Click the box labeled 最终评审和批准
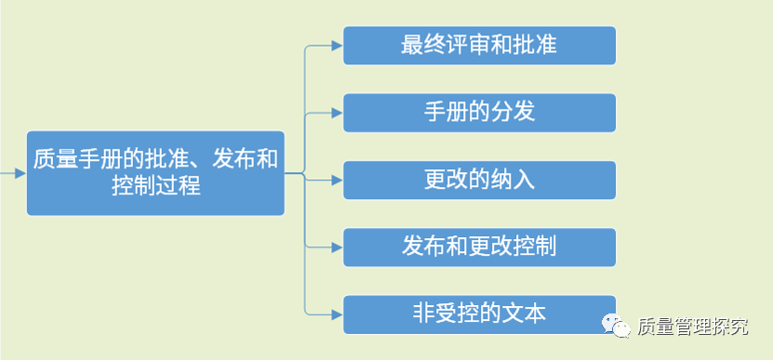coord(479,46)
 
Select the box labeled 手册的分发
coord(479,113)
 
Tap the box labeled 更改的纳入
coord(479,180)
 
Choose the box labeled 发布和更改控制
coord(479,247)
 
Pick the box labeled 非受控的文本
coord(479,313)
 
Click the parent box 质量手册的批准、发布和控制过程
coord(155,173)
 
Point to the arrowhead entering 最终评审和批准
coord(337,45)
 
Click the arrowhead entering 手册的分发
coord(337,113)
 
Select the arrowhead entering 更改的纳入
coord(337,180)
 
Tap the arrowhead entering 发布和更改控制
coord(337,247)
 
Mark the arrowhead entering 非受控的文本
coord(337,313)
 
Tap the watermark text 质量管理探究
coord(693,327)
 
